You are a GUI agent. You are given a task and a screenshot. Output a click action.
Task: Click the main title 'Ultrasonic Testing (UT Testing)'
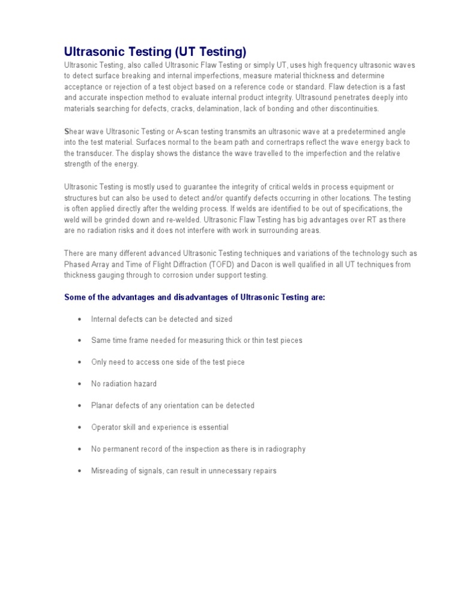155,51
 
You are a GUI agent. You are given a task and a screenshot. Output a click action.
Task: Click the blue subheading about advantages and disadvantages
194,297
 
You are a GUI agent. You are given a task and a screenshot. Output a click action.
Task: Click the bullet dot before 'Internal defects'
79,320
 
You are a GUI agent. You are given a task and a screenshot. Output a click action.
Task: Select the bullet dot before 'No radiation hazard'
79,384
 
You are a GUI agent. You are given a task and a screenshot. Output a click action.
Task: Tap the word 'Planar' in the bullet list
102,405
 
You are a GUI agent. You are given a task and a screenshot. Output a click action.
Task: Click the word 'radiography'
285,449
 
